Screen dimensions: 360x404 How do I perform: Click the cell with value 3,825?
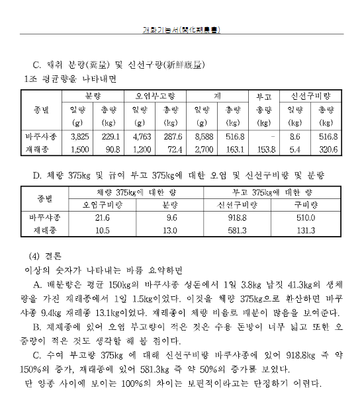click(79, 136)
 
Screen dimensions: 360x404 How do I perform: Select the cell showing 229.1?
click(109, 136)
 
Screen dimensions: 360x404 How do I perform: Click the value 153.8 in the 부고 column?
click(265, 149)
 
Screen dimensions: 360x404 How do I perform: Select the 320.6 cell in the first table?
click(327, 149)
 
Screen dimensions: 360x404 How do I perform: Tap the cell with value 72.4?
click(173, 149)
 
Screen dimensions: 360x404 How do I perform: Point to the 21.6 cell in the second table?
click(102, 217)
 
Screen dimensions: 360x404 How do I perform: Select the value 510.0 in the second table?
click(306, 217)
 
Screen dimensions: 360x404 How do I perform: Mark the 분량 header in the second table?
click(171, 204)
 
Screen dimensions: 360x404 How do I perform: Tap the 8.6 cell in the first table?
click(296, 136)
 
